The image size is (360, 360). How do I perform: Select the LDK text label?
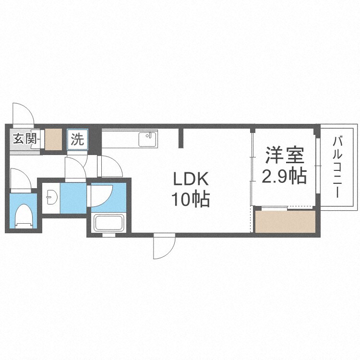pos(191,180)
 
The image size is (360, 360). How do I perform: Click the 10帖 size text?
pos(191,199)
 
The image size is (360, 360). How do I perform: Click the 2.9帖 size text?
pos(285,177)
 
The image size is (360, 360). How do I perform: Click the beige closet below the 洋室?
pos(284,221)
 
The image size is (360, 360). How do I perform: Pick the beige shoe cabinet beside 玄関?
pos(54,139)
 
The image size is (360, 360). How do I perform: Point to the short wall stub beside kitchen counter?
pos(181,138)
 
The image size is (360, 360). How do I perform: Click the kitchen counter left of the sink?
pos(120,139)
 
